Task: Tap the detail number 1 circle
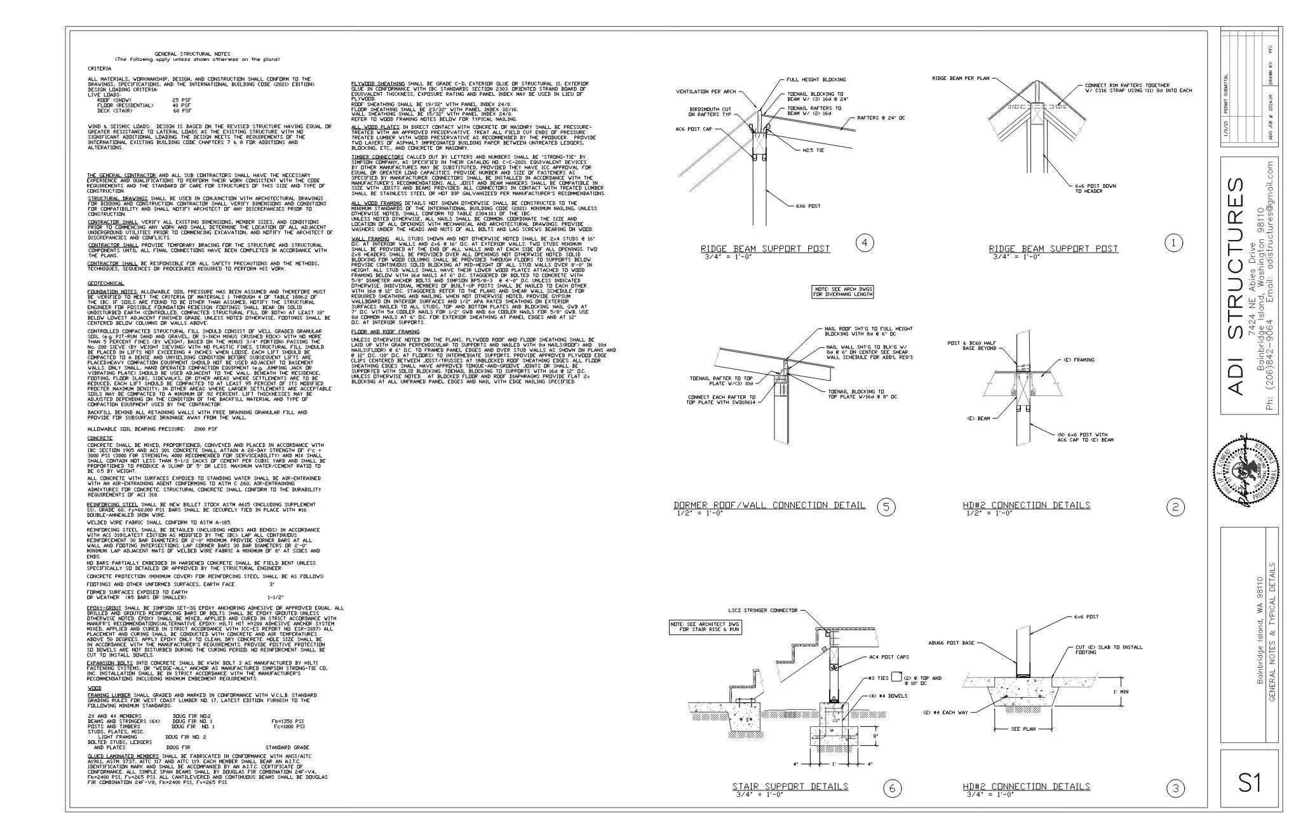[1175, 243]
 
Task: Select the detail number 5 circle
[886, 506]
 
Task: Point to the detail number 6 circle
[892, 788]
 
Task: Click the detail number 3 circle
[1175, 788]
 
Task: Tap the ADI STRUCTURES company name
[1236, 286]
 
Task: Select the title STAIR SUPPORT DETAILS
[790, 786]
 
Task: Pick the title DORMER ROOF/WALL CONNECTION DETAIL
[769, 505]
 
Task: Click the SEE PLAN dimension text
[1023, 729]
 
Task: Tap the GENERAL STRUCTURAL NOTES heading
[192, 54]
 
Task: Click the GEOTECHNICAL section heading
[105, 283]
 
